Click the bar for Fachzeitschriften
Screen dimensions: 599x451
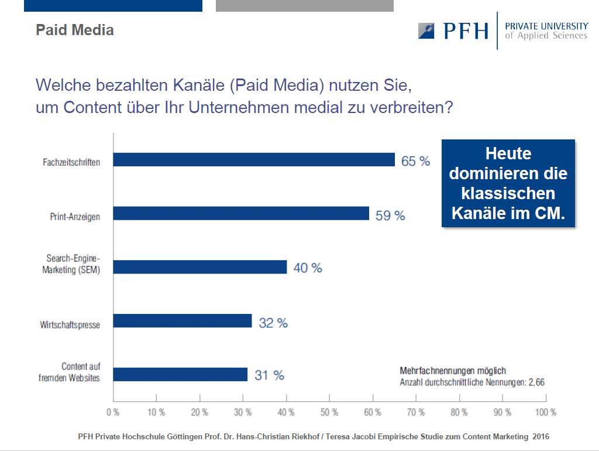[254, 159]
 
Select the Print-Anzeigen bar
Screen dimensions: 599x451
[241, 213]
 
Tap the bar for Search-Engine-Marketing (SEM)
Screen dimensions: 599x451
[200, 267]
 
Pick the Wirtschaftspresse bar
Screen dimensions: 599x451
[183, 321]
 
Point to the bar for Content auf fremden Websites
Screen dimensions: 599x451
[180, 374]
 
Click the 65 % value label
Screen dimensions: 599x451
[416, 161]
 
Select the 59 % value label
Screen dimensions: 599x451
[390, 216]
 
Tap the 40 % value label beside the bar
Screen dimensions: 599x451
[308, 268]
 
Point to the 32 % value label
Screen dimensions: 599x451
[273, 323]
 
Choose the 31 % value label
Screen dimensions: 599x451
[269, 375]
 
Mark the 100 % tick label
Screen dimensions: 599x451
[546, 412]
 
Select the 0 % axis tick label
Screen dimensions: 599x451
[113, 412]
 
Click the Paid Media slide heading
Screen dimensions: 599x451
[75, 30]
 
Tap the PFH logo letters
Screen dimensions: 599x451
[466, 31]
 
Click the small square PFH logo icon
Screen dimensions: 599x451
[426, 31]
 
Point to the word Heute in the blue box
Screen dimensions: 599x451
[508, 153]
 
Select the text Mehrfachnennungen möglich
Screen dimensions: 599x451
[453, 371]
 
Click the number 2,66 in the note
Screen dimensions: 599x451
[537, 382]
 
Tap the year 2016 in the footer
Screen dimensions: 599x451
[541, 436]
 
